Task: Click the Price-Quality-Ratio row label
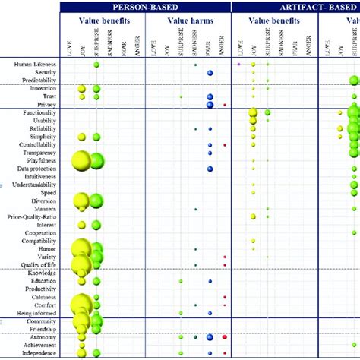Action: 33,217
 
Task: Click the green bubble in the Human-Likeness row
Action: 96,65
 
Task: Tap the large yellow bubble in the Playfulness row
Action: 81,161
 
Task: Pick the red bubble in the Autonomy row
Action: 225,336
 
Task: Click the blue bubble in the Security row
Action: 210,73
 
